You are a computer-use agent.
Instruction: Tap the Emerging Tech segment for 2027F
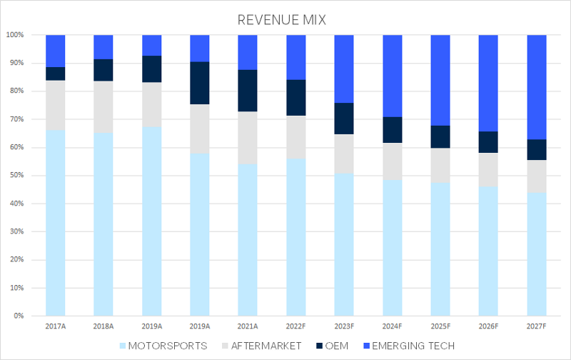tap(537, 86)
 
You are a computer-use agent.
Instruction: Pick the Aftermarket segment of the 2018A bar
tap(103, 107)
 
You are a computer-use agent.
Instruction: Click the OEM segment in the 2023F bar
tap(344, 119)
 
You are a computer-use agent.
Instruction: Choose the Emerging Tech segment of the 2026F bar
tap(488, 83)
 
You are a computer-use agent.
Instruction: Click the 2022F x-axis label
tap(296, 326)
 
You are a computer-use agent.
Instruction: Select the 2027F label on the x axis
tap(537, 326)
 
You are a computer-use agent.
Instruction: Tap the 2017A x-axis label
tap(55, 326)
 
